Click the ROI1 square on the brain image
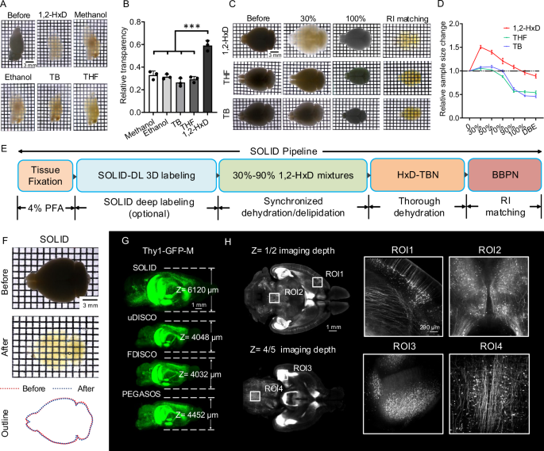pyautogui.click(x=317, y=282)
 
